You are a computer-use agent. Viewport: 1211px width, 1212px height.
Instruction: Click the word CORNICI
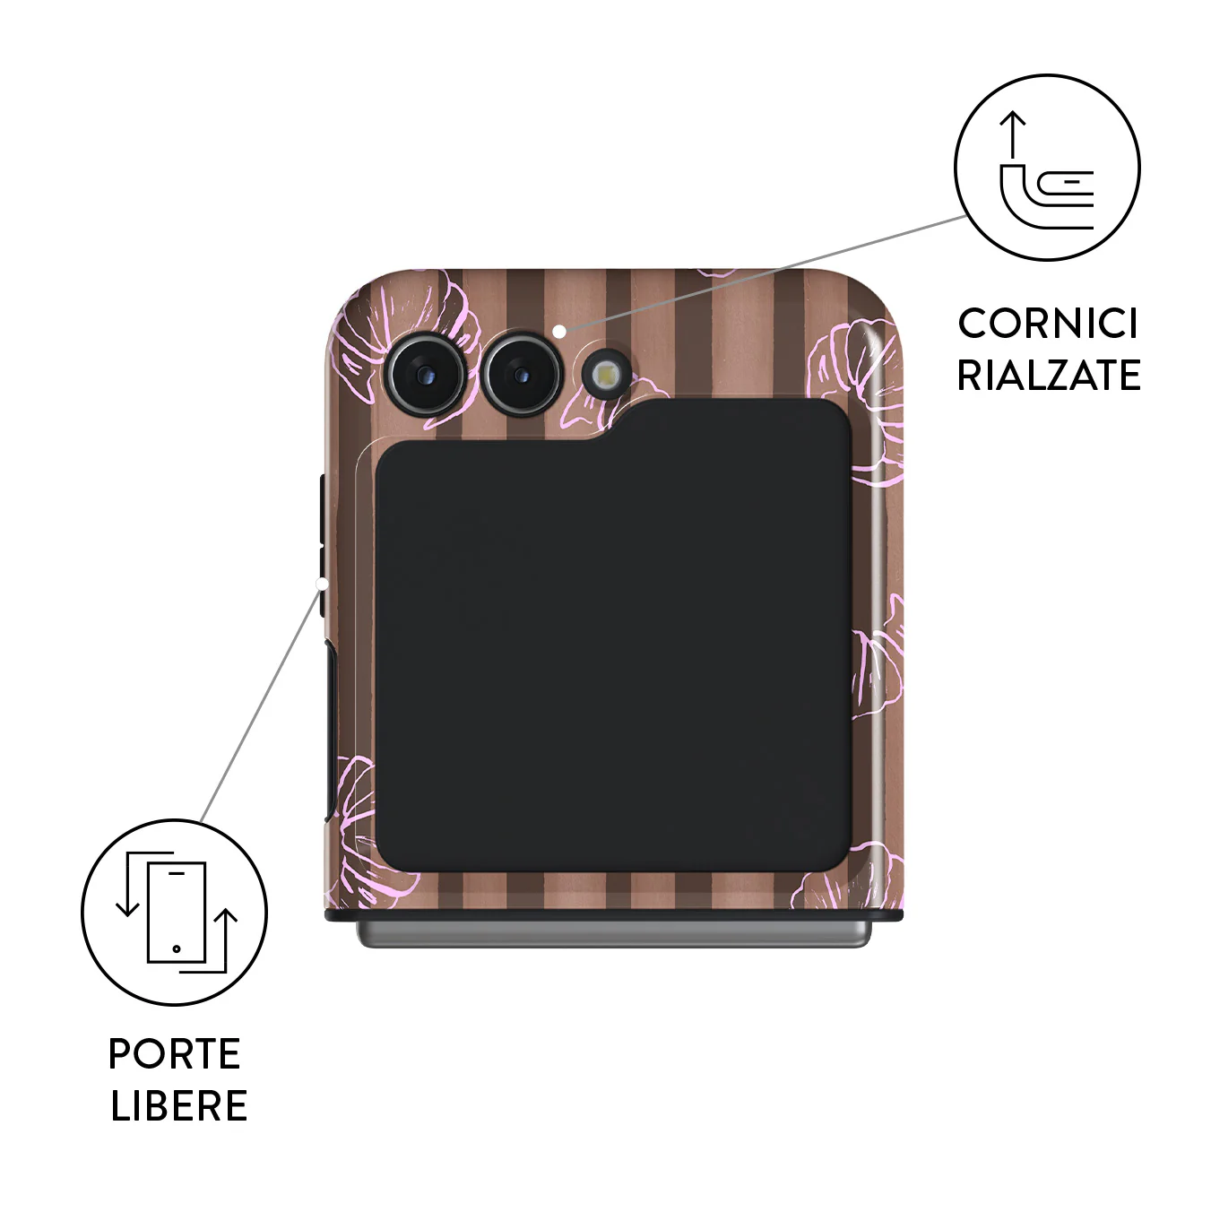click(1048, 324)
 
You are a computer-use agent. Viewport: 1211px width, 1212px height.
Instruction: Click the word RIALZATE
click(1049, 376)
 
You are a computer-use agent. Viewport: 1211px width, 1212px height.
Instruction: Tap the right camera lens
click(522, 376)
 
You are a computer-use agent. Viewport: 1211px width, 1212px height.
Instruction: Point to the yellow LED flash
click(606, 376)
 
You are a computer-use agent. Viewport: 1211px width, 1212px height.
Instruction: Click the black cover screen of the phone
click(613, 636)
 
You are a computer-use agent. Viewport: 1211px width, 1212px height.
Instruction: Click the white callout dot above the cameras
click(558, 331)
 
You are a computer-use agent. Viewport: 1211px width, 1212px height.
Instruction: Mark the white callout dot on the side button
click(322, 584)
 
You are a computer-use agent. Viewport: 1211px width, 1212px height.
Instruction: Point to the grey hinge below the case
click(613, 934)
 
